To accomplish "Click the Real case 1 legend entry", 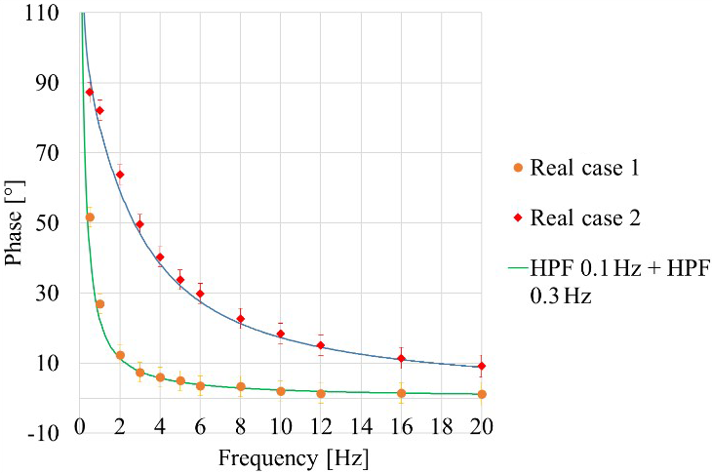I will pyautogui.click(x=583, y=168).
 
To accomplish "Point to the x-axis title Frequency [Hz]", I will pyautogui.click(x=281, y=457).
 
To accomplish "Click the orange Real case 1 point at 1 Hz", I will pyautogui.click(x=99, y=304).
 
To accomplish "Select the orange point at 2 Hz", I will pyautogui.click(x=120, y=355).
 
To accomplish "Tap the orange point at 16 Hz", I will pyautogui.click(x=401, y=393).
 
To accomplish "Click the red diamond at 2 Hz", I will pyautogui.click(x=120, y=175).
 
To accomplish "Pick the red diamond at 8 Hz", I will pyautogui.click(x=240, y=319).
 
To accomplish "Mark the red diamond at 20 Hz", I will pyautogui.click(x=482, y=367).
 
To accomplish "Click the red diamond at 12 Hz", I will pyautogui.click(x=321, y=345).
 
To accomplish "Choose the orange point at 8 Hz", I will pyautogui.click(x=240, y=387).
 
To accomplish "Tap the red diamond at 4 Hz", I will pyautogui.click(x=160, y=257).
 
